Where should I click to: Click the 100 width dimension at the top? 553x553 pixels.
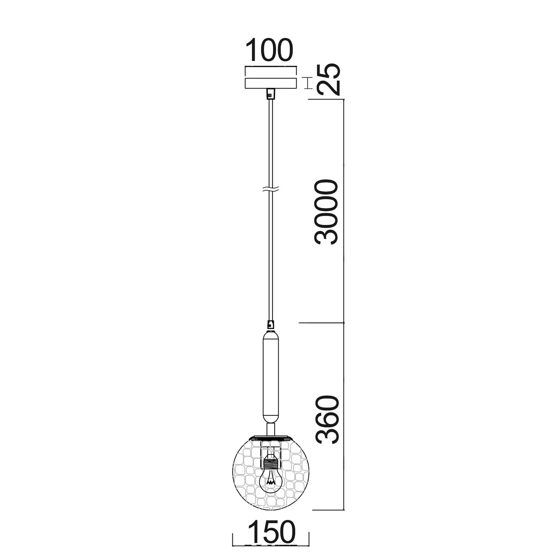coord(270,50)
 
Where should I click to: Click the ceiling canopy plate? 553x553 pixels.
coord(271,78)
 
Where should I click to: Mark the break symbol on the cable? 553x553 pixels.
coord(271,190)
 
